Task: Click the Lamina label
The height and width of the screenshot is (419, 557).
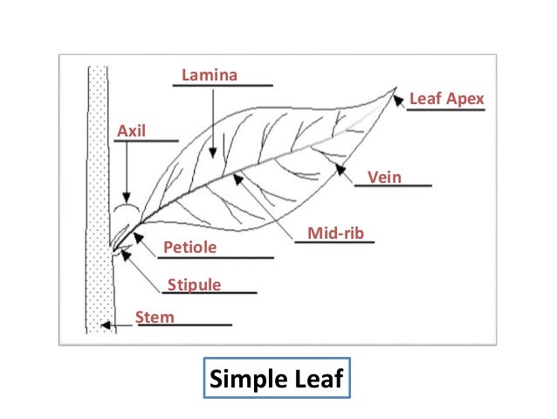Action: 209,75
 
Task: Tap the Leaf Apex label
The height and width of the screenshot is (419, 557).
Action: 446,101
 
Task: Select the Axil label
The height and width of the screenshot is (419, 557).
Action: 131,130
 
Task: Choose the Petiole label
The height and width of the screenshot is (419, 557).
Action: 189,249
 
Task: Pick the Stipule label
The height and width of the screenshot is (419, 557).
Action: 194,284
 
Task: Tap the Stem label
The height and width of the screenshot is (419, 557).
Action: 155,317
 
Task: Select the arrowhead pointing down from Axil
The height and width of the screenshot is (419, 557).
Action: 127,197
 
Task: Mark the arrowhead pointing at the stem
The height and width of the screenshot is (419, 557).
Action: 105,327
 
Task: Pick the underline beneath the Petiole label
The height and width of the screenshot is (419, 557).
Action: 217,258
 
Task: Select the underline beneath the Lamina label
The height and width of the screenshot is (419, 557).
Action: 226,86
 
